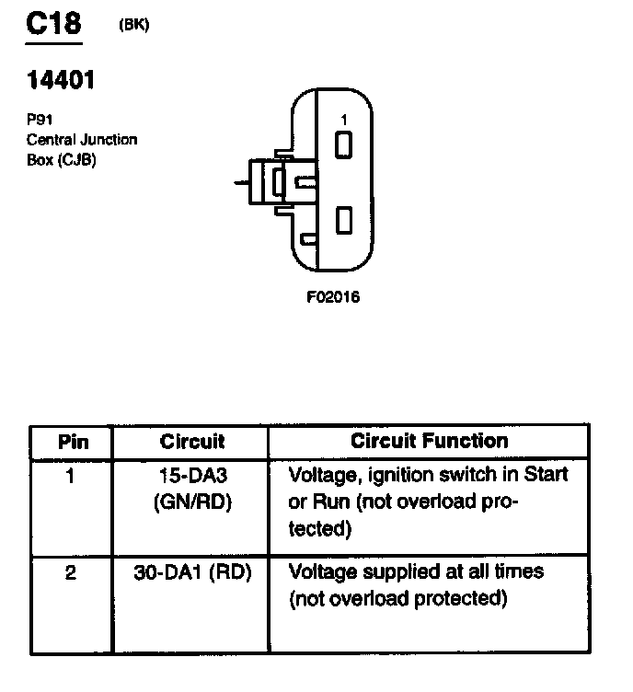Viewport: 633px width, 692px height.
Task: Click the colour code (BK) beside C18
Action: click(134, 25)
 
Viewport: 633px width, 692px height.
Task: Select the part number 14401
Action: click(61, 80)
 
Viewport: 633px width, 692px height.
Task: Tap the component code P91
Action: click(39, 120)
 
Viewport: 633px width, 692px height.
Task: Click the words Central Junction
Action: click(82, 140)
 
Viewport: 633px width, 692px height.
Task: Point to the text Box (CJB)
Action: click(62, 158)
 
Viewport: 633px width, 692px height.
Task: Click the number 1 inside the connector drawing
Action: click(343, 120)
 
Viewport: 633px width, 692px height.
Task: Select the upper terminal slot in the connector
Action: click(344, 145)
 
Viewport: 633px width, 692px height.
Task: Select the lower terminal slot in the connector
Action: click(344, 220)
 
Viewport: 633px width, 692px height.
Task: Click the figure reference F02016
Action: click(333, 297)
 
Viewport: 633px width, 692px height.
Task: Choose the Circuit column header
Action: click(191, 442)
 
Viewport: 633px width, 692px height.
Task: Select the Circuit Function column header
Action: click(429, 441)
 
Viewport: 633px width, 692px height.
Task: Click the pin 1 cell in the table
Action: click(72, 477)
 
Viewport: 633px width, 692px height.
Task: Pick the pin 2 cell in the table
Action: click(72, 572)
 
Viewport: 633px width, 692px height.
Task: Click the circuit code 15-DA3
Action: click(191, 477)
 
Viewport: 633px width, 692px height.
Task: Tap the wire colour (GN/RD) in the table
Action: click(191, 502)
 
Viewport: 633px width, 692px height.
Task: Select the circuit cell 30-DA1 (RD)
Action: click(191, 572)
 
